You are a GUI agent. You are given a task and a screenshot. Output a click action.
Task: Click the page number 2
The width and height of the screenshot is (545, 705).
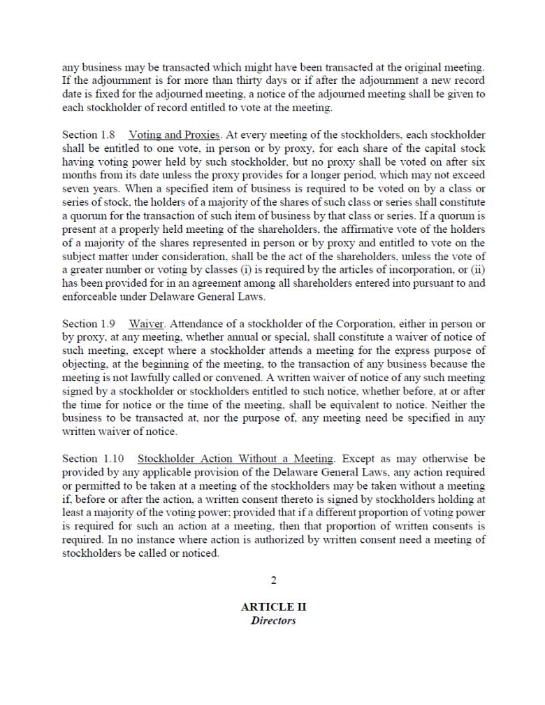[273, 580]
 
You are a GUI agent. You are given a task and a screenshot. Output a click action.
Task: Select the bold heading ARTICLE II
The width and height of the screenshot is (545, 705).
[273, 607]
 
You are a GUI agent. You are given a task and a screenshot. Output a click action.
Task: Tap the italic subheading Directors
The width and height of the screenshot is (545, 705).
[273, 620]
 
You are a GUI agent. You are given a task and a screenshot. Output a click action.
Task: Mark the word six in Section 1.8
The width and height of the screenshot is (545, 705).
[477, 162]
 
